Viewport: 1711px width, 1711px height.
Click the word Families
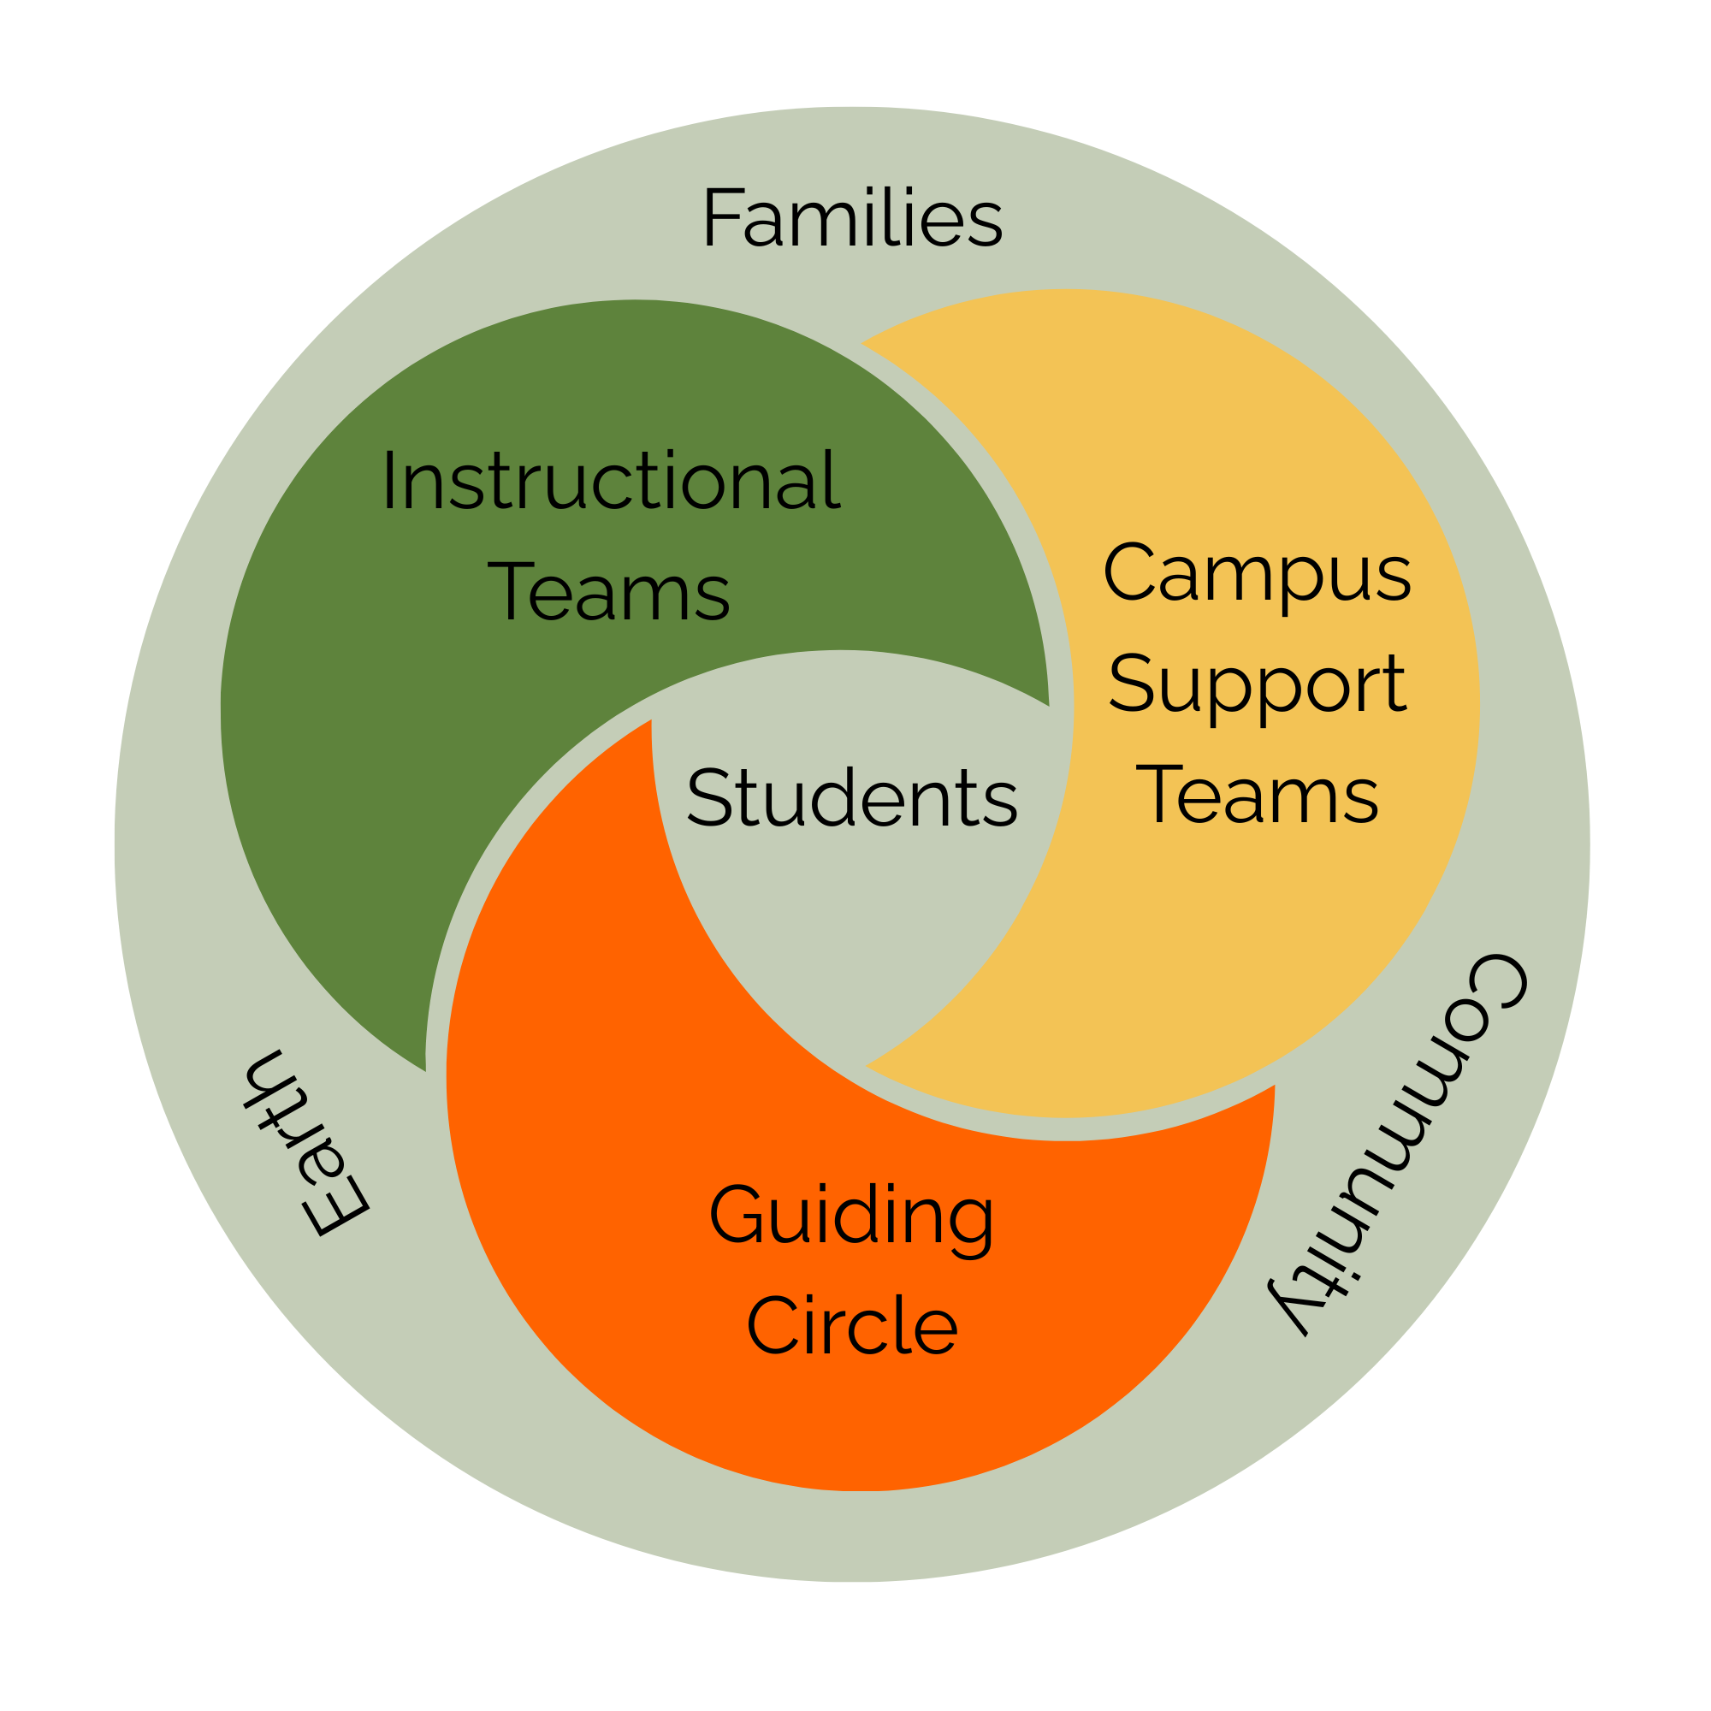tap(853, 217)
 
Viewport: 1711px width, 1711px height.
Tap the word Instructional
tap(612, 480)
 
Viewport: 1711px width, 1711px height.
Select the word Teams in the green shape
tap(609, 590)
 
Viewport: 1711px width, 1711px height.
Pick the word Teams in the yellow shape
tap(1258, 795)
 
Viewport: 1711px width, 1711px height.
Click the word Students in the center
tap(852, 797)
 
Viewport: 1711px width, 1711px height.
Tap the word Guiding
tap(852, 1222)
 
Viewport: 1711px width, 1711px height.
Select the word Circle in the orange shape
tap(852, 1325)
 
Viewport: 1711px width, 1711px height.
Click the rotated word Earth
tap(305, 1142)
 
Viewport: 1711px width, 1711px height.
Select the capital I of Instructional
tap(388, 480)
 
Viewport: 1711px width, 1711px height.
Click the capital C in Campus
tap(1130, 571)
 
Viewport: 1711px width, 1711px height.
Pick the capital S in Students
tap(710, 797)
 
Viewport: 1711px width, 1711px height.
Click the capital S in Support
tap(1132, 682)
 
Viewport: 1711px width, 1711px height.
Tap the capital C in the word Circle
tap(773, 1325)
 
